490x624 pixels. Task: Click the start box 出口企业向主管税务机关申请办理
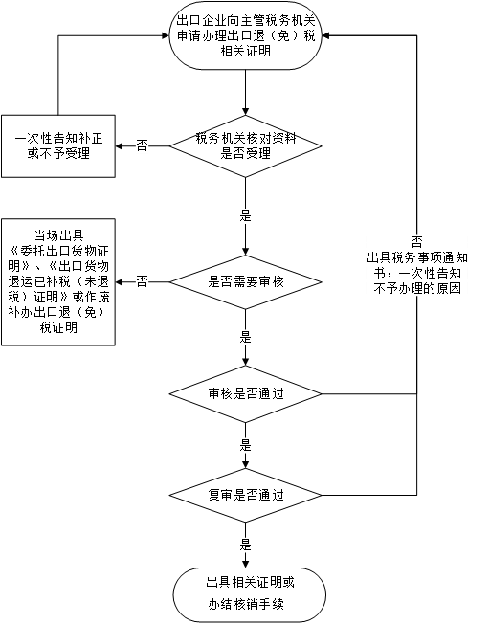pyautogui.click(x=246, y=35)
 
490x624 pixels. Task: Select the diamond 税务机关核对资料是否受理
pyautogui.click(x=246, y=146)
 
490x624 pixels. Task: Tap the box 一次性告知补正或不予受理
pyautogui.click(x=58, y=146)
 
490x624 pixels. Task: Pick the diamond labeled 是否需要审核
pyautogui.click(x=246, y=282)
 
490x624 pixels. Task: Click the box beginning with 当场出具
pyautogui.click(x=58, y=282)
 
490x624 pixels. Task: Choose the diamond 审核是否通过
pyautogui.click(x=246, y=394)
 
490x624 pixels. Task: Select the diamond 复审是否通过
pyautogui.click(x=246, y=495)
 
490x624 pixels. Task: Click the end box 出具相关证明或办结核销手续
pyautogui.click(x=250, y=594)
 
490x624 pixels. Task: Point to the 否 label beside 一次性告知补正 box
pyautogui.click(x=142, y=145)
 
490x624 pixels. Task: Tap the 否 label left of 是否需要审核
pyautogui.click(x=142, y=281)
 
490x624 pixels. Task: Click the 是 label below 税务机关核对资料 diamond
pyautogui.click(x=246, y=216)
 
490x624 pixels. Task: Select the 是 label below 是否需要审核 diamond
pyautogui.click(x=246, y=338)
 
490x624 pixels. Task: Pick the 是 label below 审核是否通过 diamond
pyautogui.click(x=246, y=445)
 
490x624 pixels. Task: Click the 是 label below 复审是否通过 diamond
pyautogui.click(x=246, y=545)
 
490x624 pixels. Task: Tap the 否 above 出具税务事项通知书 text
pyautogui.click(x=416, y=242)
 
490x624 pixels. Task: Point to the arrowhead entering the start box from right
pyautogui.click(x=325, y=35)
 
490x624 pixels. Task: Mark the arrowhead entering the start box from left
pyautogui.click(x=166, y=35)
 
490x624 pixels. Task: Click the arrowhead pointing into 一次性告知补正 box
pyautogui.click(x=120, y=146)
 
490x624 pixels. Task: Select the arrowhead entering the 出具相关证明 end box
pyautogui.click(x=246, y=564)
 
